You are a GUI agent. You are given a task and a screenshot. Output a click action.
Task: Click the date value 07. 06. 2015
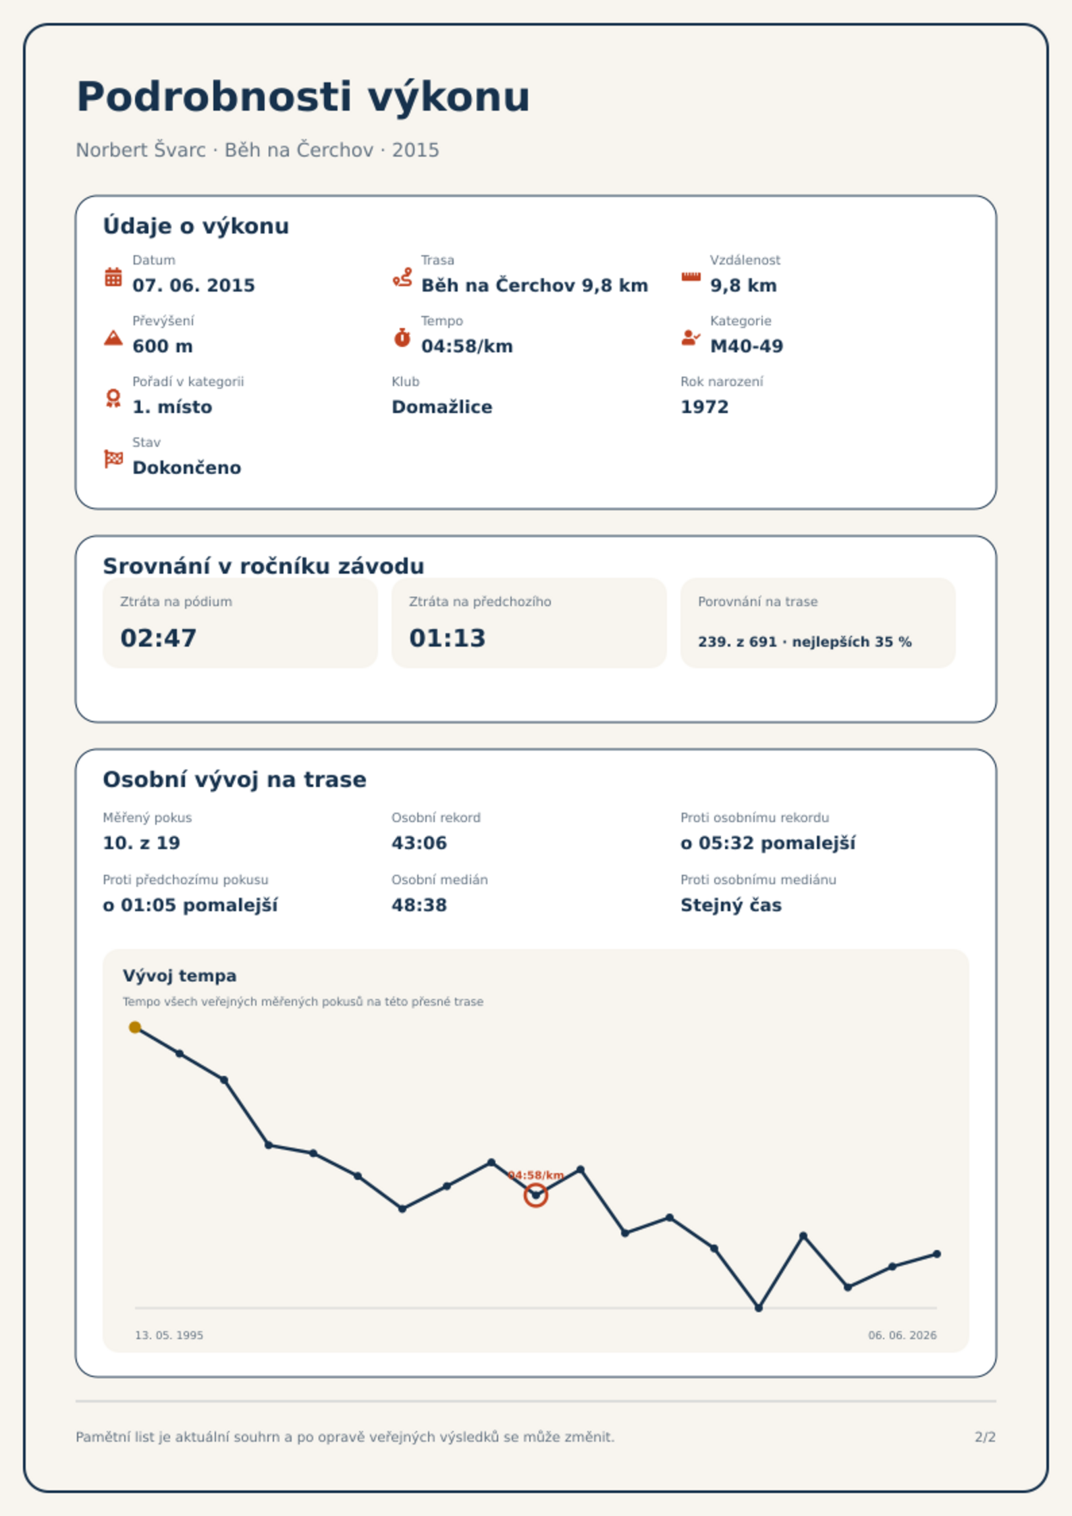(194, 286)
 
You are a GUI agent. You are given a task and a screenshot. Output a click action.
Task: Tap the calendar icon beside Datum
(113, 277)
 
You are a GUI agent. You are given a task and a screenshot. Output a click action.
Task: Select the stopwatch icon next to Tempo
(402, 337)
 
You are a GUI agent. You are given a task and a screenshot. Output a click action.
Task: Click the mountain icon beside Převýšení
(113, 337)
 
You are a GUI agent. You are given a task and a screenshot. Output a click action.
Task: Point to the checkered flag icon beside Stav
(113, 459)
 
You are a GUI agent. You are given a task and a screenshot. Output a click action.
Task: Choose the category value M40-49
(747, 346)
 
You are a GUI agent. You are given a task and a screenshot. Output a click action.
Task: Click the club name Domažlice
(442, 407)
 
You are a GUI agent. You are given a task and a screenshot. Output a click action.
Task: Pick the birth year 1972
(705, 407)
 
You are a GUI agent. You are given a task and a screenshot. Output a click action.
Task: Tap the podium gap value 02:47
(159, 638)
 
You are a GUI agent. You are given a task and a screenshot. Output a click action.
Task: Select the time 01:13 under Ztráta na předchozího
(448, 638)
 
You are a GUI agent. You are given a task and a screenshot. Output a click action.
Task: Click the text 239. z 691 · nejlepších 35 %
(805, 642)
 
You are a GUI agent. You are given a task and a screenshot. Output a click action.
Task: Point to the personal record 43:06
(419, 843)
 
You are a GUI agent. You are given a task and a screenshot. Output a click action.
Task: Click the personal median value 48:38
(419, 905)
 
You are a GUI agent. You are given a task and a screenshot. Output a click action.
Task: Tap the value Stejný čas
(731, 905)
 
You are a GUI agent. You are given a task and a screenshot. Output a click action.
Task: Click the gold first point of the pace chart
(135, 1027)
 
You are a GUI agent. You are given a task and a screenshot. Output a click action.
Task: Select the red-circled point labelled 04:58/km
(536, 1195)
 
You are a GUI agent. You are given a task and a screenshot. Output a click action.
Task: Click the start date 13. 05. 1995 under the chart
(169, 1335)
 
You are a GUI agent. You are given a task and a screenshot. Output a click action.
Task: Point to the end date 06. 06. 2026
(903, 1335)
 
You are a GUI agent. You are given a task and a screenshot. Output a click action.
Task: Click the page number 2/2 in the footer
(986, 1437)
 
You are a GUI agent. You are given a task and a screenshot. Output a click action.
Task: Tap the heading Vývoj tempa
(180, 976)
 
